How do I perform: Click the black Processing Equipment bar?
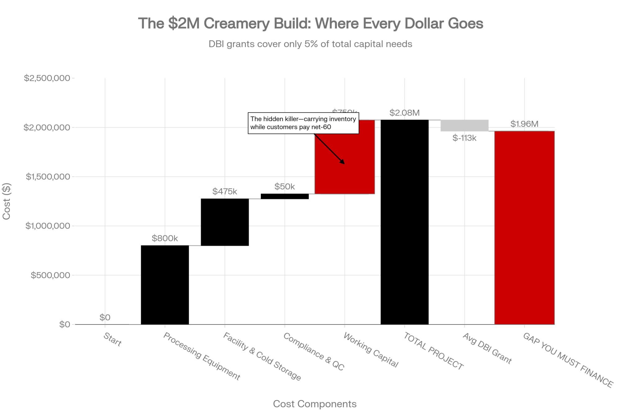[165, 285]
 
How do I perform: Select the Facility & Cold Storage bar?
[225, 222]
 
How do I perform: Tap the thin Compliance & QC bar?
[285, 196]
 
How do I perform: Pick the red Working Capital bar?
[345, 174]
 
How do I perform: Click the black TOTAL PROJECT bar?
[405, 222]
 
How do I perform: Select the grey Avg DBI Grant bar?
[465, 125]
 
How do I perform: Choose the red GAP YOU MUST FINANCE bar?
[524, 228]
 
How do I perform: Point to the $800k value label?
[165, 238]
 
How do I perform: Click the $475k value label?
[225, 191]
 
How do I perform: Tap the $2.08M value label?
[405, 113]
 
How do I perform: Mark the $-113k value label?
[465, 138]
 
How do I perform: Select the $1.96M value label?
[524, 124]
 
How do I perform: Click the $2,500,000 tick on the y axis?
[47, 78]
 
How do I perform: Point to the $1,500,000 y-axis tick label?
[48, 177]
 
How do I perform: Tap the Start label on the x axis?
[112, 339]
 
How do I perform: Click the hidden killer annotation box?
[303, 123]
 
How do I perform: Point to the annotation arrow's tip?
[344, 164]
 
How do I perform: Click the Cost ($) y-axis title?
[7, 201]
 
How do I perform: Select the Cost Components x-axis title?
[315, 404]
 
